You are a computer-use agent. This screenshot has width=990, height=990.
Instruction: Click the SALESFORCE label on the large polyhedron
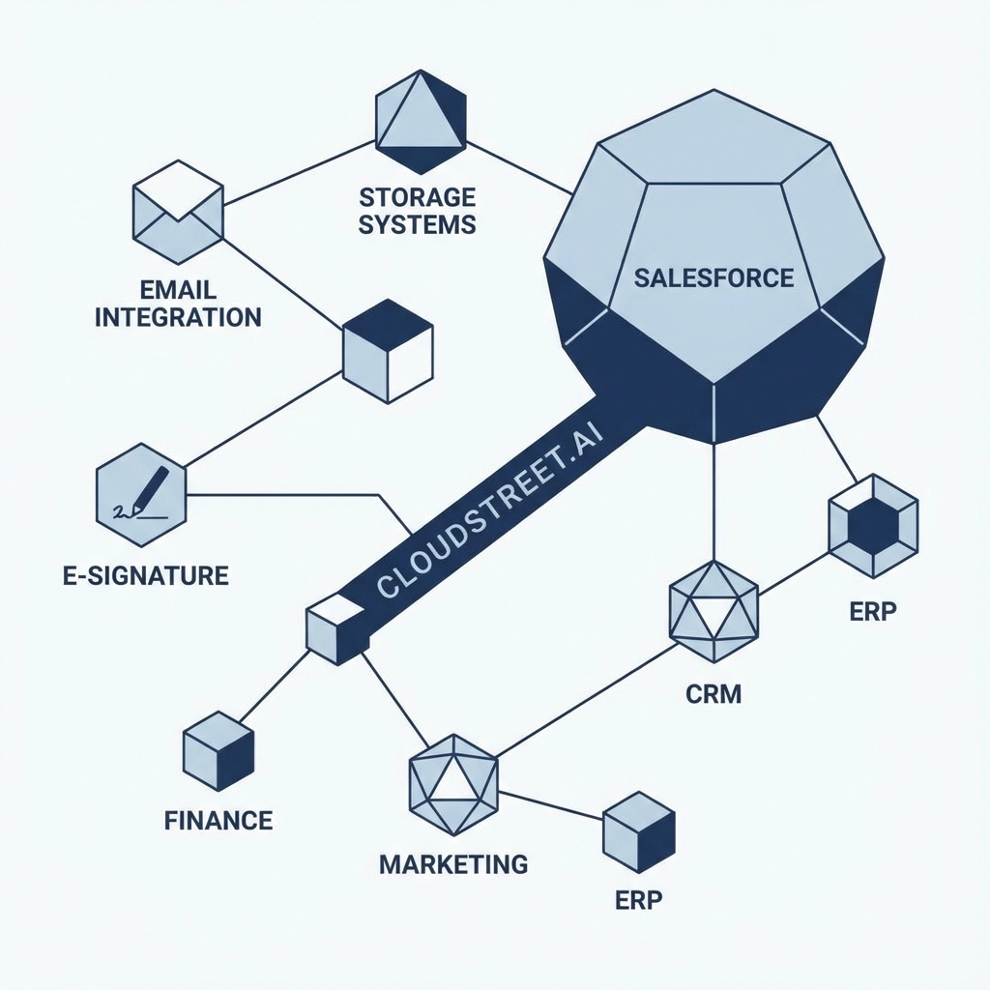(x=713, y=278)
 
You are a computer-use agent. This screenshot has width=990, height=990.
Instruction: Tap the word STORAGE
(x=417, y=198)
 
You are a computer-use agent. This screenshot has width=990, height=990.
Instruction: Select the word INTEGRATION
(x=178, y=316)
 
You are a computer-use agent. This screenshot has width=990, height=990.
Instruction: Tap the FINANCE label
(x=218, y=821)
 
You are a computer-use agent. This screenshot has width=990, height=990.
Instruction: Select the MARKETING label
(x=453, y=863)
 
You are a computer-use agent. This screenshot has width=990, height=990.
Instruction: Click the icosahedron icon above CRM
(x=713, y=611)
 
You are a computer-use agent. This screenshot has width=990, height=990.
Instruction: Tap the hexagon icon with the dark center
(x=873, y=526)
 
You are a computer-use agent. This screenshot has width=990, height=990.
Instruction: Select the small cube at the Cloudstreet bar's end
(x=335, y=628)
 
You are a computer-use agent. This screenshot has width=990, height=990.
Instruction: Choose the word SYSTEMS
(x=417, y=224)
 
